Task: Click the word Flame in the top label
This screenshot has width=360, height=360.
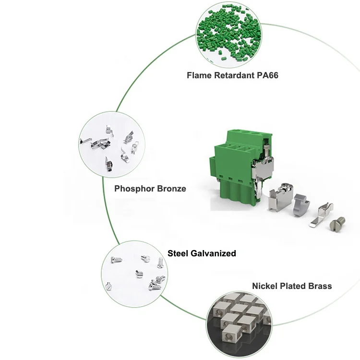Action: (198, 75)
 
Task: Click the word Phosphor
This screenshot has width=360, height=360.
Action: (134, 189)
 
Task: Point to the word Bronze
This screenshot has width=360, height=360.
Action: (171, 189)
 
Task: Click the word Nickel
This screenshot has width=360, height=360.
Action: (265, 286)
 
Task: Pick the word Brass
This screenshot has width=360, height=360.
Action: (321, 286)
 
